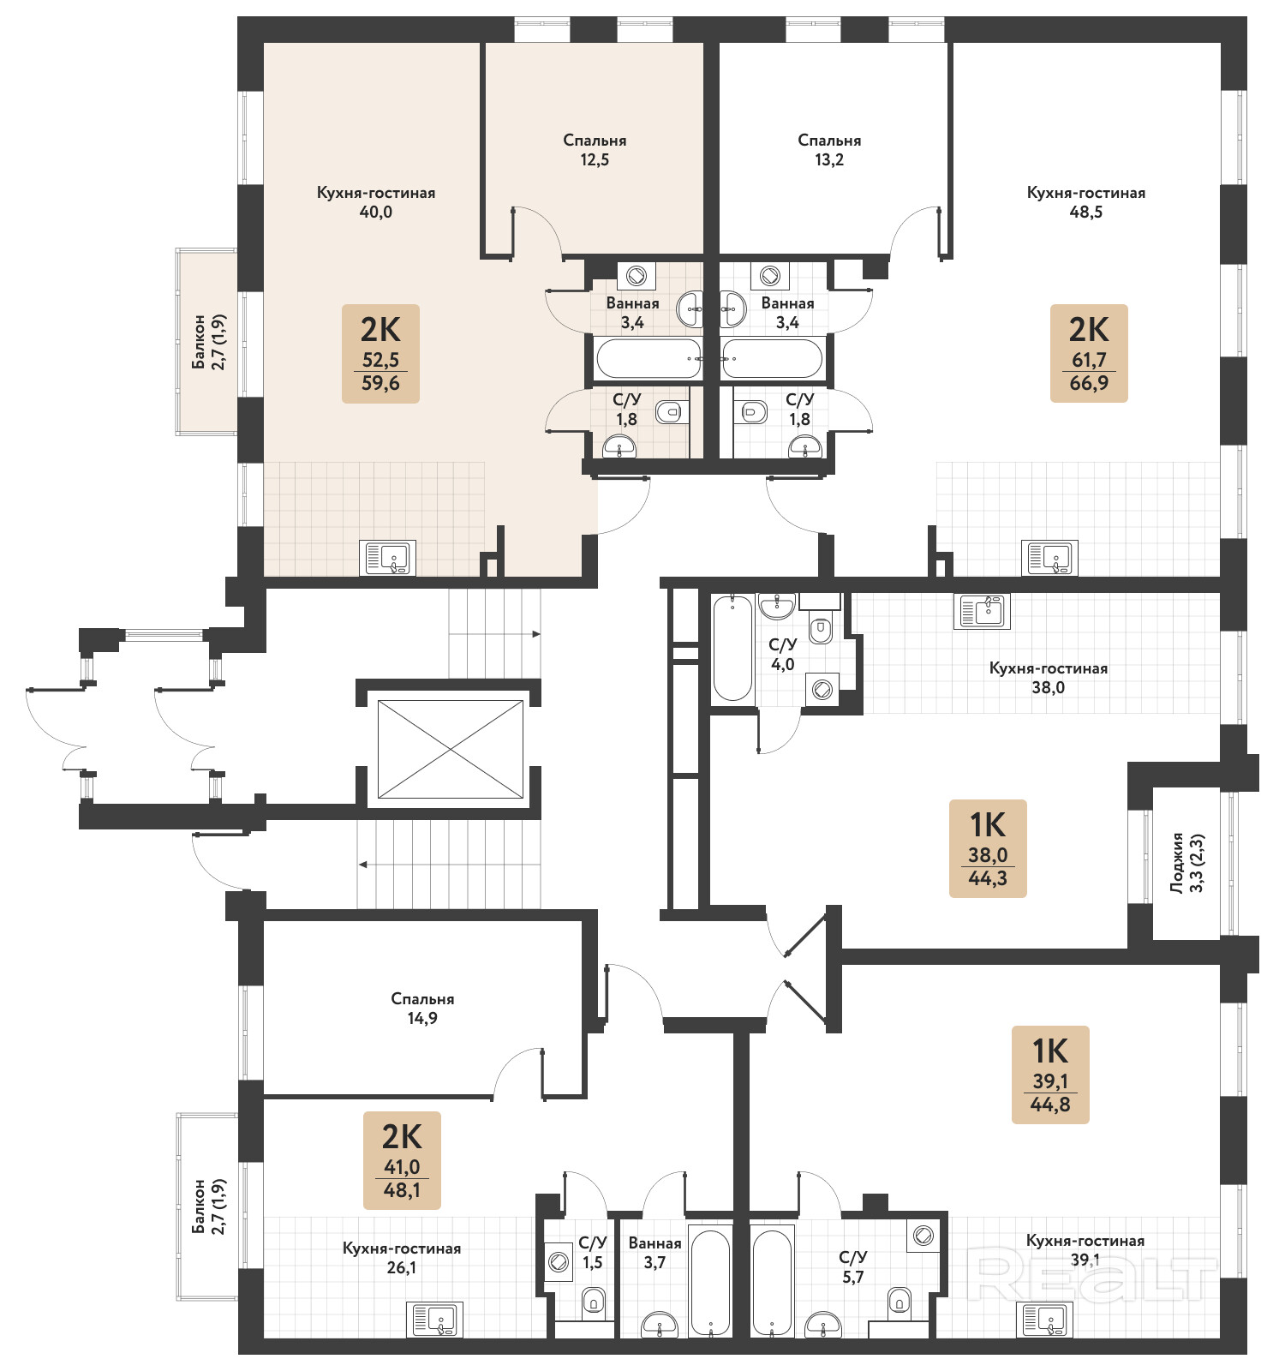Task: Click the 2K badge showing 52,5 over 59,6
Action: point(380,353)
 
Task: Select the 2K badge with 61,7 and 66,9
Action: point(1089,353)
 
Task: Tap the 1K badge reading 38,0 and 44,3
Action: point(988,848)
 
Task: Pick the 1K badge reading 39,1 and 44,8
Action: point(1050,1075)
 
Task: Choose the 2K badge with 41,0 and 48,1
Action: point(402,1160)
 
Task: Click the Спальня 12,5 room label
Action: point(595,150)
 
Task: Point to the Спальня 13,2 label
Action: point(829,150)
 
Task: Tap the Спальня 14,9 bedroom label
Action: point(422,1009)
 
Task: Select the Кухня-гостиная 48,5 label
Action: point(1086,202)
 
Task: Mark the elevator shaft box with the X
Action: point(451,749)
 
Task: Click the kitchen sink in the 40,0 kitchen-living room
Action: point(388,558)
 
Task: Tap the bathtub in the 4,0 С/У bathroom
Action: point(732,648)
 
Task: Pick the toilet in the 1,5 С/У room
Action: point(594,1302)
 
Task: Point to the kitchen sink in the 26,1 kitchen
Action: point(435,1320)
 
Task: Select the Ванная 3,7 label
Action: point(655,1253)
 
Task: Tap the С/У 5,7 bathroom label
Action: point(853,1266)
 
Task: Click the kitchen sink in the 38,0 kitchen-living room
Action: point(982,612)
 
